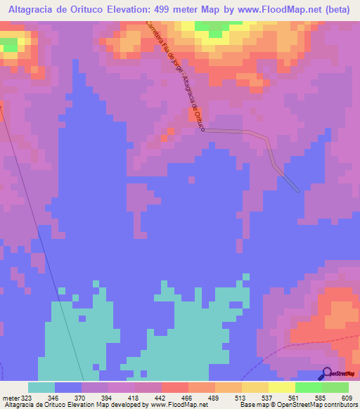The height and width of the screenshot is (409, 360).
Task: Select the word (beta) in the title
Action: tap(337, 9)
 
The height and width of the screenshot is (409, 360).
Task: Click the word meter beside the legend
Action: tap(10, 398)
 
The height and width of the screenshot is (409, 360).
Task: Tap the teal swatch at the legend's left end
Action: tap(41, 387)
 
